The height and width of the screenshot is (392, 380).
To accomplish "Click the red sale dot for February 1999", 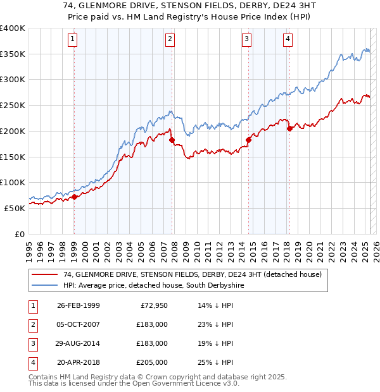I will [74, 197].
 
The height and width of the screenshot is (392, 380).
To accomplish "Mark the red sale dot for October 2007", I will [171, 140].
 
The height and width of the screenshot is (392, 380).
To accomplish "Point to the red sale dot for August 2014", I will [248, 140].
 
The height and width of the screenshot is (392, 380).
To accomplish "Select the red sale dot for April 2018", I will [289, 129].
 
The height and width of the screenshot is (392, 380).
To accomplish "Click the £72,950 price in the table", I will [152, 305].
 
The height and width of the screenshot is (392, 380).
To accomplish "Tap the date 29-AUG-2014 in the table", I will [78, 343].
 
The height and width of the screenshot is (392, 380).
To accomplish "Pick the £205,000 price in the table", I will [152, 362].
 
